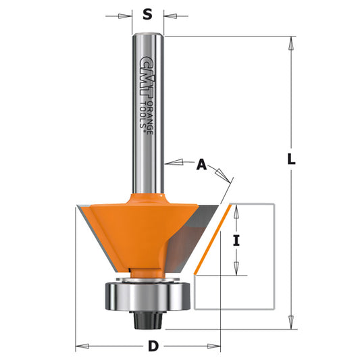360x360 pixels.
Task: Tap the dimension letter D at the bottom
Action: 153,347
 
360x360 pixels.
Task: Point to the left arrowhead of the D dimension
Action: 79,347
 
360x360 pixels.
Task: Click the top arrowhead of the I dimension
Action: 236,209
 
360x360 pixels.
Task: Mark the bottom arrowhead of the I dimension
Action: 236,269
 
